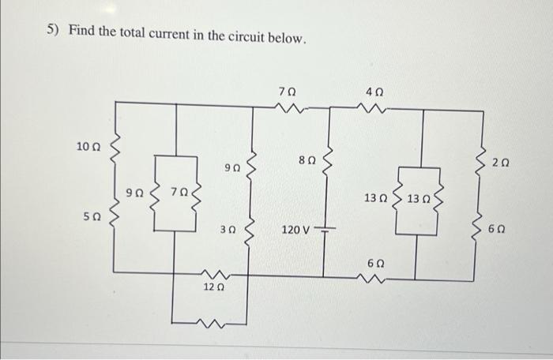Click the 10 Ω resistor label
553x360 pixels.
click(x=88, y=146)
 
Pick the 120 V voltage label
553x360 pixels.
click(x=296, y=231)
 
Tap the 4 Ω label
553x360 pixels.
click(x=374, y=92)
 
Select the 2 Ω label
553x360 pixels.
click(x=500, y=163)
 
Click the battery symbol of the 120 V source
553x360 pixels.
click(x=325, y=229)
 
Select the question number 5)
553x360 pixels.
click(x=53, y=31)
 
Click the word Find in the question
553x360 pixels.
click(x=81, y=31)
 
